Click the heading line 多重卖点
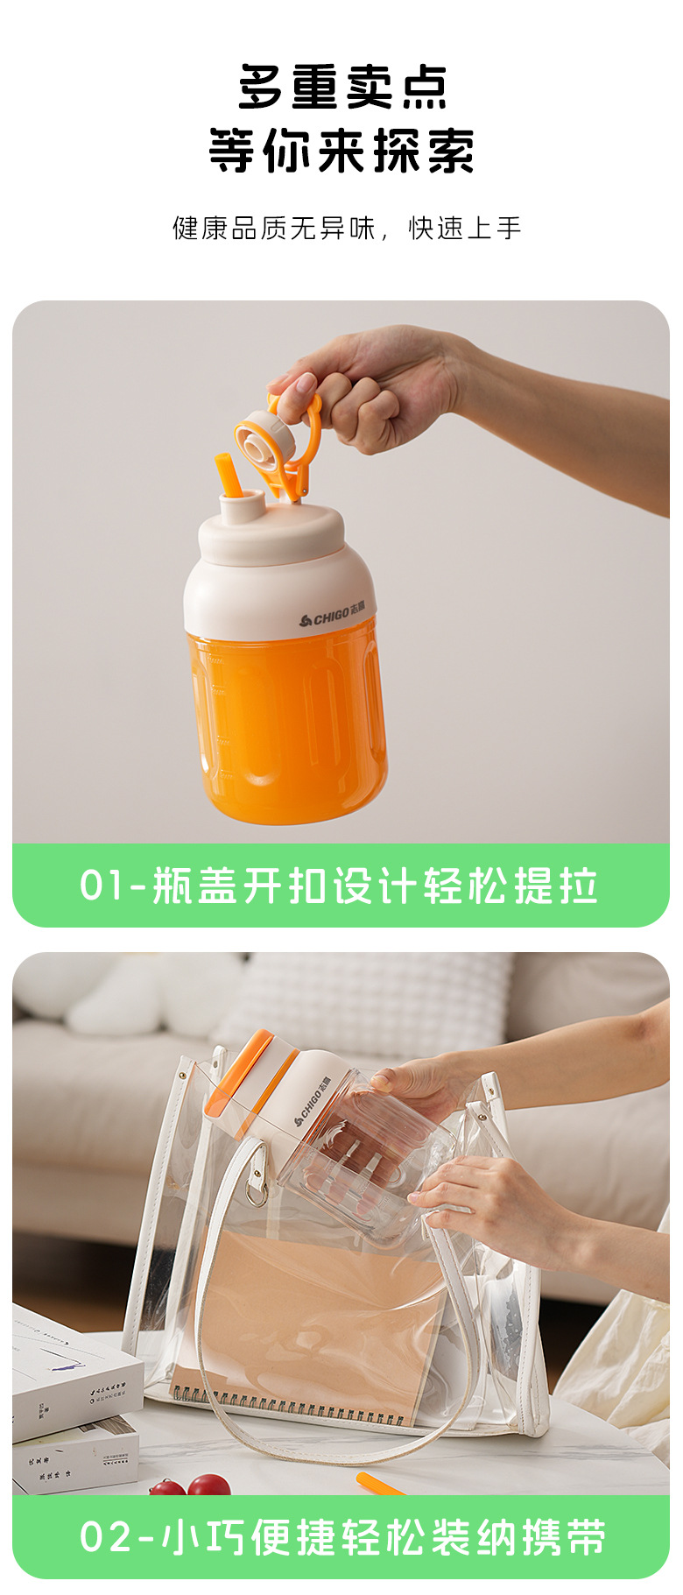click(341, 88)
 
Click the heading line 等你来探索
click(341, 152)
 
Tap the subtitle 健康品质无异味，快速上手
click(347, 229)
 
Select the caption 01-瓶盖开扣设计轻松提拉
click(340, 886)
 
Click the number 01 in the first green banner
click(102, 886)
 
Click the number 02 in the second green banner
click(104, 1537)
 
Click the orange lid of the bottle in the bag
click(241, 1073)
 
